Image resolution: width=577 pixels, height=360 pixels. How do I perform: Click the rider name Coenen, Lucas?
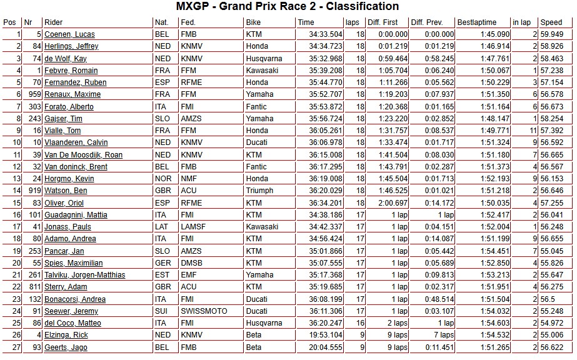(69, 34)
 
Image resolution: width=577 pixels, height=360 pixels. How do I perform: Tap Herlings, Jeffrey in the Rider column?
(71, 46)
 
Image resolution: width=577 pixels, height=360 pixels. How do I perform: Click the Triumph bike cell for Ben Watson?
(260, 191)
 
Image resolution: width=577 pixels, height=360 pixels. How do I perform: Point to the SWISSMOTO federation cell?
(203, 311)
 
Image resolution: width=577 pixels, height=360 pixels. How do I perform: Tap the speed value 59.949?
(552, 34)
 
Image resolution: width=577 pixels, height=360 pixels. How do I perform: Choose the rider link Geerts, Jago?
(66, 347)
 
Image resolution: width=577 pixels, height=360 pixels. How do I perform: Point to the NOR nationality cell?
(161, 179)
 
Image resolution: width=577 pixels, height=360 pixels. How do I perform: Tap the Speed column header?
(551, 22)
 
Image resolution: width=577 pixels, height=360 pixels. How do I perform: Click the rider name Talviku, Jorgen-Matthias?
(84, 275)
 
